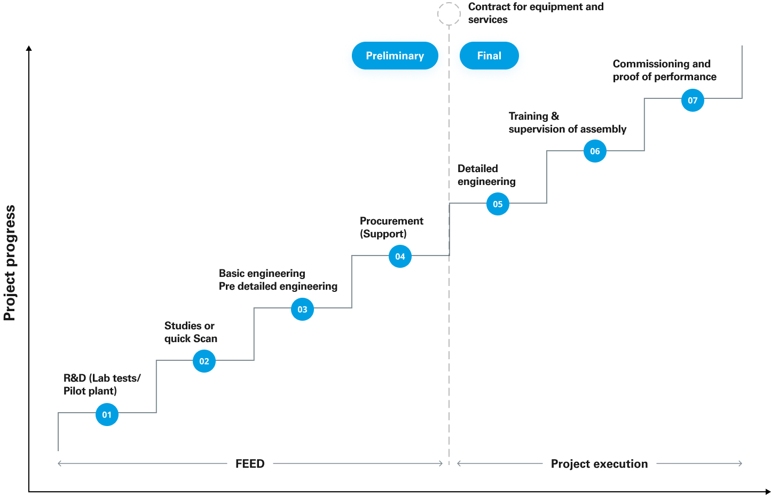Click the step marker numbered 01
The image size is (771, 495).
(107, 414)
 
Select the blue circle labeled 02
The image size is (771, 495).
(204, 361)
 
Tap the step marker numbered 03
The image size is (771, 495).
(302, 309)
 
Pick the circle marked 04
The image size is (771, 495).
(400, 256)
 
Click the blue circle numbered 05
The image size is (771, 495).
(498, 204)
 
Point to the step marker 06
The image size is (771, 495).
(595, 151)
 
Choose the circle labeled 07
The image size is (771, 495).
(693, 100)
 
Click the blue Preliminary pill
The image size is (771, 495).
(395, 56)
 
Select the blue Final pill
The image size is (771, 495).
(489, 56)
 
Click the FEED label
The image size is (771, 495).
(250, 463)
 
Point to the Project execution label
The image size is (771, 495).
(599, 463)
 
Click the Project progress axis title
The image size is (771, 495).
(10, 263)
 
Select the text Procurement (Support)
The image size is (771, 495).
(392, 227)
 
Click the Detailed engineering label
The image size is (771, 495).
(486, 175)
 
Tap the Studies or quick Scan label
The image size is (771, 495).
(191, 332)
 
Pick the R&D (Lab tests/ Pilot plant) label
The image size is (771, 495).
(102, 384)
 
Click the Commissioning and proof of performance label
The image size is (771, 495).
(665, 70)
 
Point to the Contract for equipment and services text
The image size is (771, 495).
(536, 13)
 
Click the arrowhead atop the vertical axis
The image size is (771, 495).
(29, 48)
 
